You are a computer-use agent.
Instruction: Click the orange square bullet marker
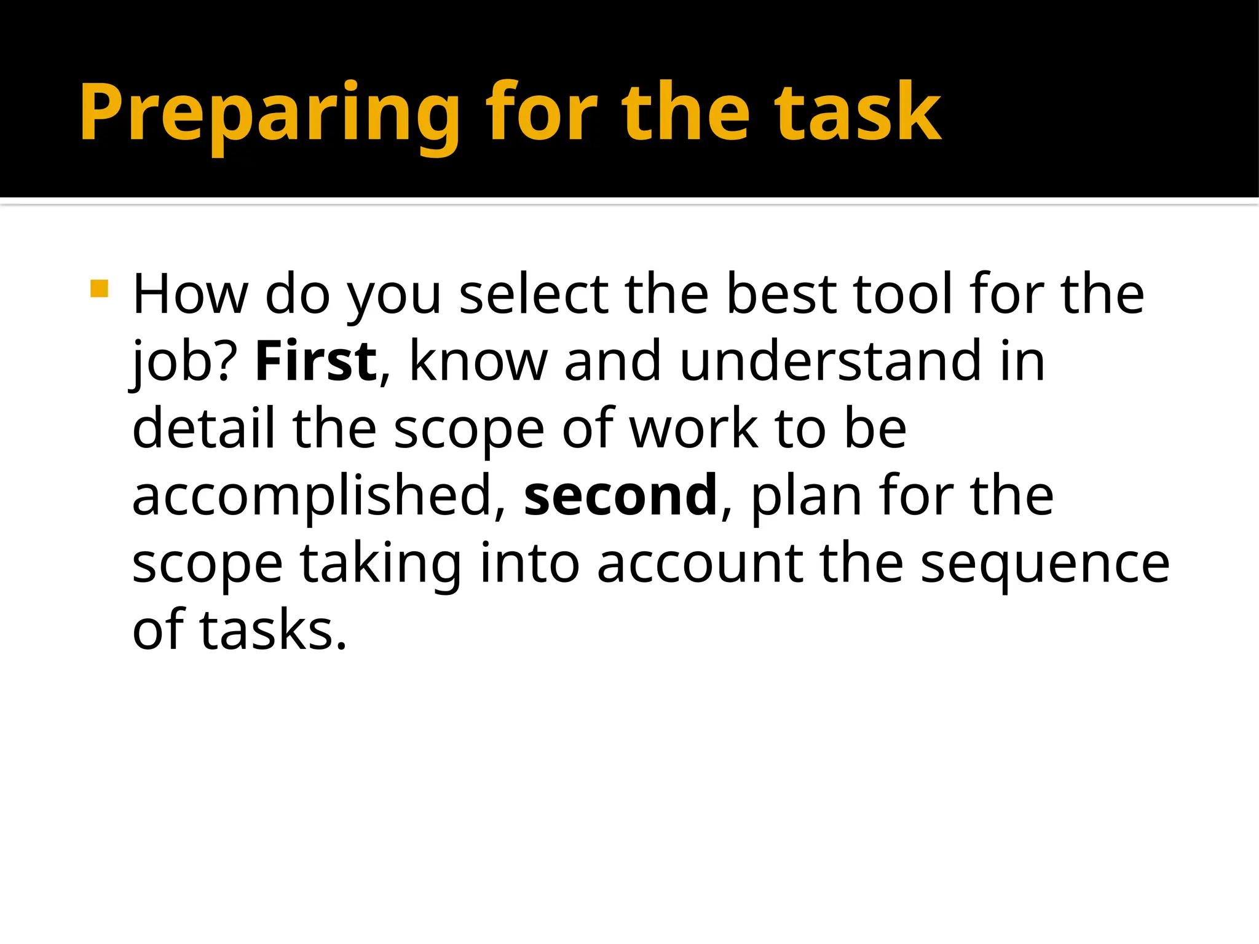coord(99,289)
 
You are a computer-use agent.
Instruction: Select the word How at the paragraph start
coord(190,294)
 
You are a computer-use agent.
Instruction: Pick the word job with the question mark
coord(184,363)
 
